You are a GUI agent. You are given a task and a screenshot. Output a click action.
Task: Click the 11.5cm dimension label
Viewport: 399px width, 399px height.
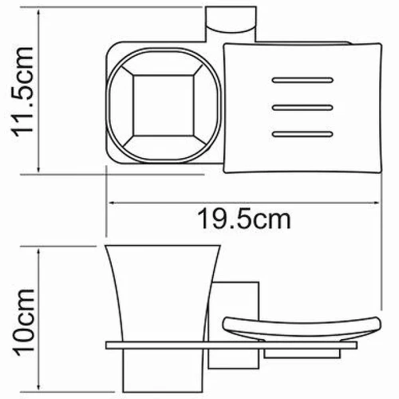tap(22, 92)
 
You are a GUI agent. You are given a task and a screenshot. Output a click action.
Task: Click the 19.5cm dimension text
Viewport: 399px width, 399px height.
tap(244, 219)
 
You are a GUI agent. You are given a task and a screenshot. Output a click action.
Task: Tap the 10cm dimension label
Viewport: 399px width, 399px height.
tap(23, 322)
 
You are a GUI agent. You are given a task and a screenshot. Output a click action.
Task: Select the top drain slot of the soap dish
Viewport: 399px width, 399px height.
tap(302, 80)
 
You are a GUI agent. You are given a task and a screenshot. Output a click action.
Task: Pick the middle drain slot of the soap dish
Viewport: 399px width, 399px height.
tap(302, 108)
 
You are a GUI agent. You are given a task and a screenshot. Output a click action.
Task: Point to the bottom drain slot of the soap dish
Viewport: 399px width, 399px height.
tap(302, 134)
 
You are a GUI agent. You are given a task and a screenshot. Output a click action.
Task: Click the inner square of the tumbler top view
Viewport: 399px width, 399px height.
tap(164, 105)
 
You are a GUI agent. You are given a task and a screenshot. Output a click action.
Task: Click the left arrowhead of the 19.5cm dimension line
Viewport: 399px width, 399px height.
tap(112, 203)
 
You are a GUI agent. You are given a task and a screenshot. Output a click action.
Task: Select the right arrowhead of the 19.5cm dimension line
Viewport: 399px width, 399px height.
tap(376, 203)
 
